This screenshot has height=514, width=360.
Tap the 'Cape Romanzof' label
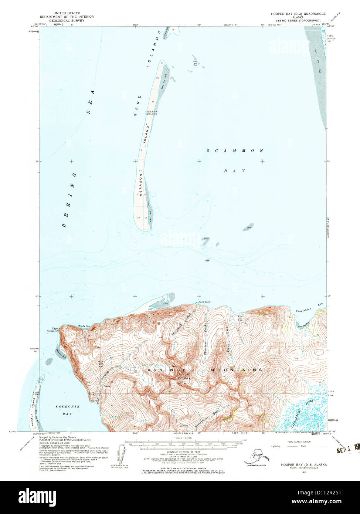[x=52, y=330]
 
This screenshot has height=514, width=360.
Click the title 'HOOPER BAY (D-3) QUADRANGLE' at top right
[x=298, y=14]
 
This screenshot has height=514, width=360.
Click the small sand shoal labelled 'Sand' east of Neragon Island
[x=248, y=227]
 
